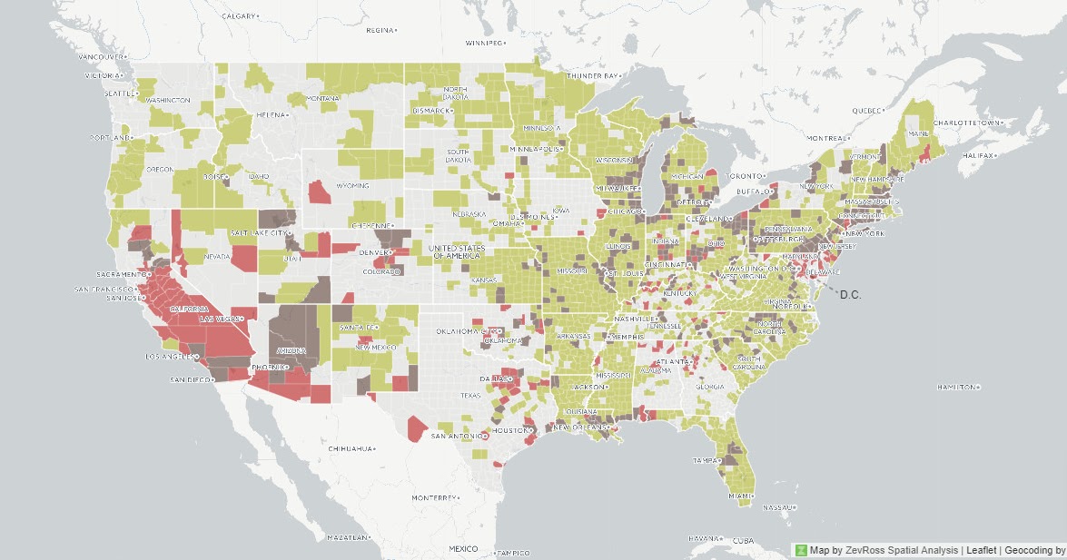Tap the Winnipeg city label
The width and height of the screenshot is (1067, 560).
pyautogui.click(x=482, y=43)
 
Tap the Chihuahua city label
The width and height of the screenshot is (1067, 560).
pyautogui.click(x=351, y=448)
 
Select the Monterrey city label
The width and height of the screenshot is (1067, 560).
pyautogui.click(x=433, y=498)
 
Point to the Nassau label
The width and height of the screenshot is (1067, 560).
pyautogui.click(x=777, y=507)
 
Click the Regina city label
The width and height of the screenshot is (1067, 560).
pyautogui.click(x=379, y=30)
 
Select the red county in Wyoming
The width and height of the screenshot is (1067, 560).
pyautogui.click(x=320, y=192)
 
